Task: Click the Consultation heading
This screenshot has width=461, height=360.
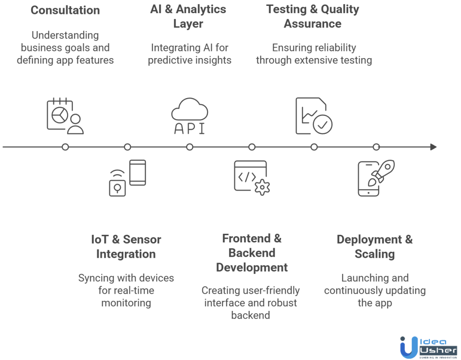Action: tap(65, 10)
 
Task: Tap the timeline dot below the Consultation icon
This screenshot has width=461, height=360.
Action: tap(65, 147)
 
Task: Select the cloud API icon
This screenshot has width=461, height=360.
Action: tap(190, 116)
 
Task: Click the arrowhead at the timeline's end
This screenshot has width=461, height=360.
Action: tap(433, 147)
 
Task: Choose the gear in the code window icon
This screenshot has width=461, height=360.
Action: tap(262, 187)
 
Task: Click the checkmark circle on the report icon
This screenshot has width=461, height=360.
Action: tap(323, 125)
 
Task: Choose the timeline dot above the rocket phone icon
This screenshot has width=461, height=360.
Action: tap(376, 147)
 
